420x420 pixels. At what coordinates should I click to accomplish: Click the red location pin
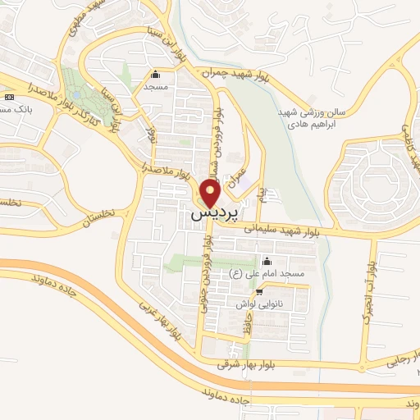[x=210, y=193]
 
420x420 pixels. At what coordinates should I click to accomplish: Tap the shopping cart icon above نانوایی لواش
[x=259, y=291]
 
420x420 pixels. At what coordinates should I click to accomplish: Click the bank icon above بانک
[x=9, y=97]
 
